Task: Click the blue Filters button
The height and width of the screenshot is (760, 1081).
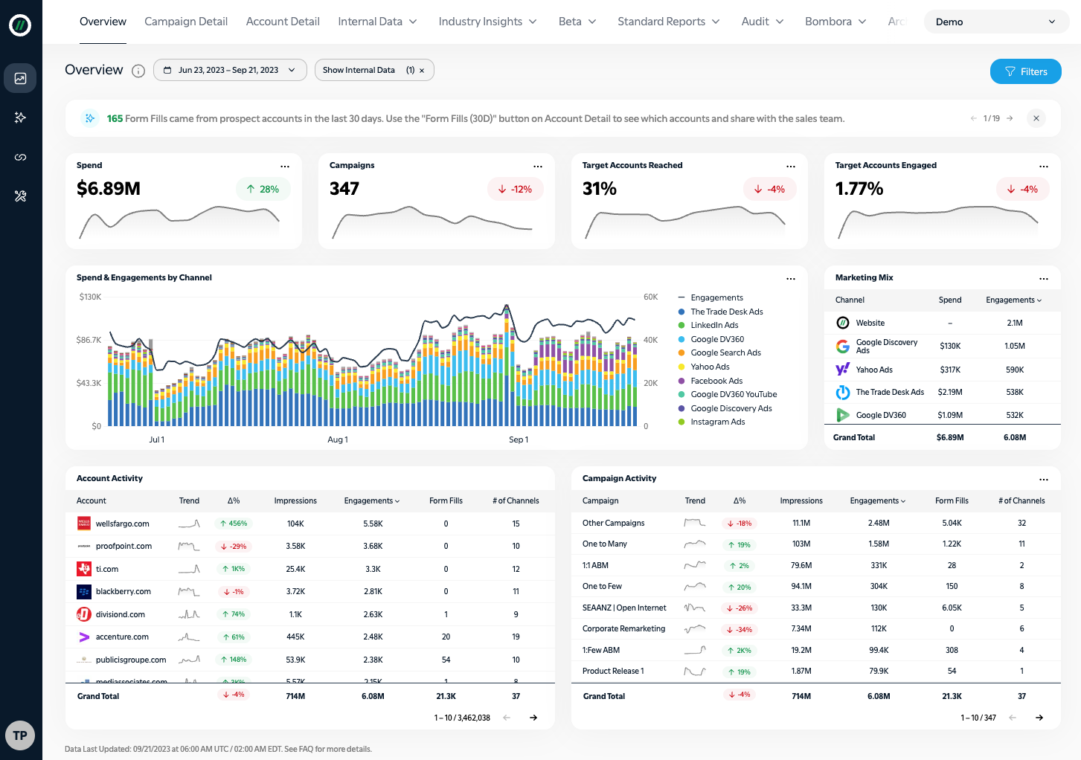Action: tap(1025, 71)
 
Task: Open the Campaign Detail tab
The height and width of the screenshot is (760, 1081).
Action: tap(186, 22)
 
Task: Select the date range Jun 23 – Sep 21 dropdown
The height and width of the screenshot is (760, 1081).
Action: tap(229, 70)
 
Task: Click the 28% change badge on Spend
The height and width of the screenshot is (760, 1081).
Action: tap(263, 189)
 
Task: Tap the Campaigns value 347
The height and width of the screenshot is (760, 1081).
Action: tap(344, 189)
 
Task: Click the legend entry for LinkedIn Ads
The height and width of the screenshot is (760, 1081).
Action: tap(714, 325)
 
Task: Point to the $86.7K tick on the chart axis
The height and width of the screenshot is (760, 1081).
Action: tap(89, 340)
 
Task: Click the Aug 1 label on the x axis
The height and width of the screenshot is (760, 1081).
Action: tap(338, 439)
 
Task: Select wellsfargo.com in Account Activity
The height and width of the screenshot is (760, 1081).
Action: tap(123, 524)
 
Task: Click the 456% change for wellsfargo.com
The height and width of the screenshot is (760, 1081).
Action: tap(234, 524)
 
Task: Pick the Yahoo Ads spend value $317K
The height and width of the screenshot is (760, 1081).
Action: tap(950, 370)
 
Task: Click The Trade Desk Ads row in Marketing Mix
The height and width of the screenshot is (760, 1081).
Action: tap(890, 392)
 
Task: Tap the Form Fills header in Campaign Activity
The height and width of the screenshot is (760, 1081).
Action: tap(952, 500)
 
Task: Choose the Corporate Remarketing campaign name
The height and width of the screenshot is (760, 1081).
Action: tap(623, 628)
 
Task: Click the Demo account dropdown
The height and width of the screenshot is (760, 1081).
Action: tap(995, 22)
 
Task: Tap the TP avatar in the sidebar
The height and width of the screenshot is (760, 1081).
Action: tap(20, 735)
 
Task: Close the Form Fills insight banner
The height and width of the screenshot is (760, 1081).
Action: tap(1036, 118)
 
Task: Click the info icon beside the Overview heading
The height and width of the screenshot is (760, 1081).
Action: tap(138, 71)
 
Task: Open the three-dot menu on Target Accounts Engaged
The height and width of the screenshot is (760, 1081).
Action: tap(1044, 166)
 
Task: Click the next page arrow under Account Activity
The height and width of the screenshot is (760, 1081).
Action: tap(533, 718)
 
